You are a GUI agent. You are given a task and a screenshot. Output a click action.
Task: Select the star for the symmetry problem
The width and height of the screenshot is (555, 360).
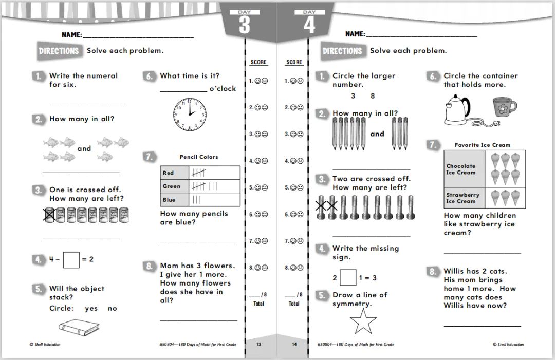363,323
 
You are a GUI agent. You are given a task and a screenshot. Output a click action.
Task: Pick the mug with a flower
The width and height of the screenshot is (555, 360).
503,107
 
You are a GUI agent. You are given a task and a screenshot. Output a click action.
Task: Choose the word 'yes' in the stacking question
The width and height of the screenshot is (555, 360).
91,309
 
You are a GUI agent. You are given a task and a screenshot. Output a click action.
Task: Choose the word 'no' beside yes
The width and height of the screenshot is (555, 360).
113,309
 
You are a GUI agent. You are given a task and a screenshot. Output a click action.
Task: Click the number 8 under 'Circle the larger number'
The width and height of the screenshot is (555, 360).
373,96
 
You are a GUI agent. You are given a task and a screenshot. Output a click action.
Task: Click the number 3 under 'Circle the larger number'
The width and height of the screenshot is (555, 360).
353,96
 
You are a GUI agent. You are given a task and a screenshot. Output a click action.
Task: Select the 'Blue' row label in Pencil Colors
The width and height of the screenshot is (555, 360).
169,200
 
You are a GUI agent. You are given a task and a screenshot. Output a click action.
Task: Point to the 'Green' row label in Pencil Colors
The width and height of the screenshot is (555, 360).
172,186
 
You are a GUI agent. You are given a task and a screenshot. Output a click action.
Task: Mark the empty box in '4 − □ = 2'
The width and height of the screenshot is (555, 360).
71,260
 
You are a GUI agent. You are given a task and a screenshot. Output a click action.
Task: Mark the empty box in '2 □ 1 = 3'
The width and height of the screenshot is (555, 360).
348,278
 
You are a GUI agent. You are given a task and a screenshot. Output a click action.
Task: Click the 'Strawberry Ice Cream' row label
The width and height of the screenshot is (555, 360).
462,198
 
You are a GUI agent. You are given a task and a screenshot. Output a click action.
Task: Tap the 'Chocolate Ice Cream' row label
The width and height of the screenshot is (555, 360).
461,169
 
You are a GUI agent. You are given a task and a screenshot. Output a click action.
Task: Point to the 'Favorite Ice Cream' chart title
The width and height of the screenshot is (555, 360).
483,145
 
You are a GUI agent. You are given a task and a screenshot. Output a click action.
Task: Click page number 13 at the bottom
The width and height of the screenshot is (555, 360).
258,345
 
